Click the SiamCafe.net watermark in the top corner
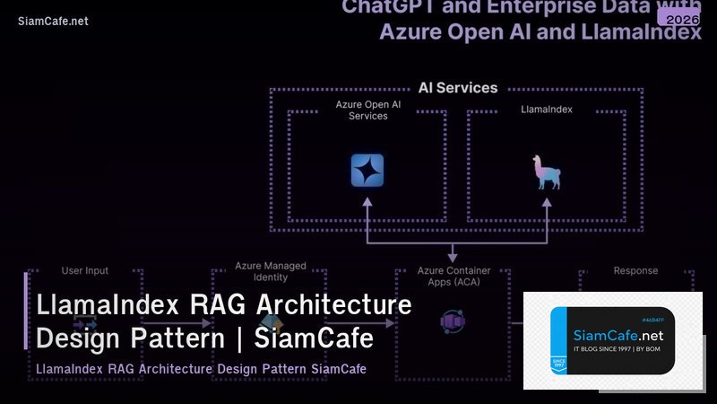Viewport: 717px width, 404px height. [53, 21]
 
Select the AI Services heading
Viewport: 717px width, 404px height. [457, 88]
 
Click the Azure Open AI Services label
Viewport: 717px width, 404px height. [367, 110]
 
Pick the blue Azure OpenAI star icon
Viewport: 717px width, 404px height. [367, 170]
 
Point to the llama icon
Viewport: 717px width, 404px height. [546, 171]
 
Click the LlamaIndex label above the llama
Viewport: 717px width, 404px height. [546, 110]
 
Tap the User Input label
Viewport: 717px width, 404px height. [84, 270]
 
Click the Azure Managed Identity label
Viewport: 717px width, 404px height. [271, 271]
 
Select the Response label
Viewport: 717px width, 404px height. [635, 270]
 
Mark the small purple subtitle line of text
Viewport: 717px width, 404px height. [202, 369]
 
